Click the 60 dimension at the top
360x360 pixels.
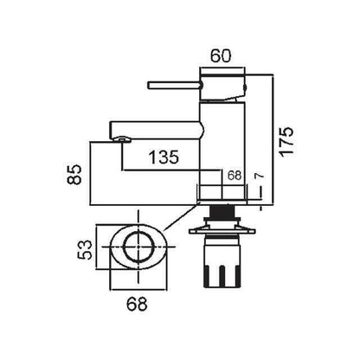click(221, 56)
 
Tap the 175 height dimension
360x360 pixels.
click(287, 142)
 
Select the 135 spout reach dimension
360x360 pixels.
click(164, 157)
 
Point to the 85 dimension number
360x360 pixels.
click(74, 175)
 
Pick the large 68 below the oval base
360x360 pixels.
click(137, 304)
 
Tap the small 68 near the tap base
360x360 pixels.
click(235, 176)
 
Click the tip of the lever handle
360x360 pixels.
click(149, 86)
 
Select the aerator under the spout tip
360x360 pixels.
click(123, 140)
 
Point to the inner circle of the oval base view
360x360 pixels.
click(138, 247)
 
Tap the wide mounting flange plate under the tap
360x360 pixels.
click(222, 231)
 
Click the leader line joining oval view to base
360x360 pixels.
click(182, 216)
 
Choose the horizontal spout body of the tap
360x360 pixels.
click(156, 130)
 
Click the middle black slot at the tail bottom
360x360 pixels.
click(222, 276)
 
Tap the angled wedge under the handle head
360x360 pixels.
click(234, 98)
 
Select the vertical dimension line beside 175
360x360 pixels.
click(273, 140)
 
